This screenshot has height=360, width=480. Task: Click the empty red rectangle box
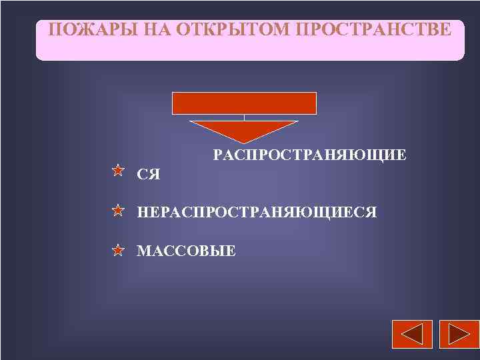pos(245,103)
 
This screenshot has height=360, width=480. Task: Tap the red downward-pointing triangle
pos(245,130)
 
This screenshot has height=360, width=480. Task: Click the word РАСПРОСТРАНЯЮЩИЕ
pos(309,155)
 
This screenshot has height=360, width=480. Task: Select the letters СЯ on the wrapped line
pos(149,175)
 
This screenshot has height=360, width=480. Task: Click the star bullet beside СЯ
pos(117,171)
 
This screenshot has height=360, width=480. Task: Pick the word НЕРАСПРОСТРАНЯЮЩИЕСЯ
pos(257,213)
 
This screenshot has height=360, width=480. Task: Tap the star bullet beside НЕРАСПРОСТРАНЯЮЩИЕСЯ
pos(117,211)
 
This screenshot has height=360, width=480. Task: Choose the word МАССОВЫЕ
pos(186,251)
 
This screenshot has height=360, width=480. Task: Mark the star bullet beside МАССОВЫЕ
pos(117,251)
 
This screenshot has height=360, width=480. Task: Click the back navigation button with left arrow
pos(412,334)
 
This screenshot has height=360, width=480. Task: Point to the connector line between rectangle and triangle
pos(245,118)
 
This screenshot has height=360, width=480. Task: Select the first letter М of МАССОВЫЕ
pos(143,251)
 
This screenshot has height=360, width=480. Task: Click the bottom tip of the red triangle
pos(245,142)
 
